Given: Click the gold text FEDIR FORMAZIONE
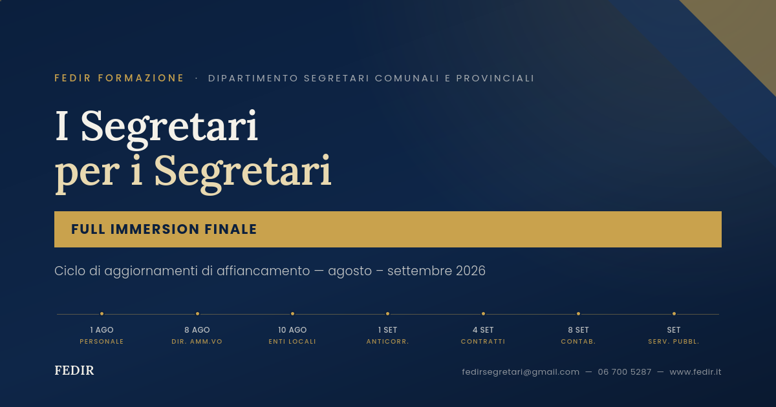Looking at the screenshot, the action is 119,78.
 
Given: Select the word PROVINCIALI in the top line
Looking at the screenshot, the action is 495,78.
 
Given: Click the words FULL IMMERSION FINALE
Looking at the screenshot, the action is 164,229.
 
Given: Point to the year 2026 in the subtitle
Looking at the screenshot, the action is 471,271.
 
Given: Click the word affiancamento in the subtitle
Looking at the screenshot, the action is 263,271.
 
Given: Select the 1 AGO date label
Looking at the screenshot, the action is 102,330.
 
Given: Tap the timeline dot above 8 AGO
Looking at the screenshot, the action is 197,313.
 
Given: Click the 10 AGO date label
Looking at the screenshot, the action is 292,330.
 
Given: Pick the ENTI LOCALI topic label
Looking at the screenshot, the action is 292,342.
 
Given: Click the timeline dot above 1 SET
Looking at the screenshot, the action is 387,313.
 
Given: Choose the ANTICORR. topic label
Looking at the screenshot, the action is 387,342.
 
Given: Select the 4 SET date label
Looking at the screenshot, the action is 483,330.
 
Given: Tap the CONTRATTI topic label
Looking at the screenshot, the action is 483,342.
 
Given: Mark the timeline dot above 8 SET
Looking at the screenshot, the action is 578,313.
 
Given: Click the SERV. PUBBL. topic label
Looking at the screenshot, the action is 674,342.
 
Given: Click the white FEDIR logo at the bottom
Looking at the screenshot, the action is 74,371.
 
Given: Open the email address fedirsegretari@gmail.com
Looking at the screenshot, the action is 521,372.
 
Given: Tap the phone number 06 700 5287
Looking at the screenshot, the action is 624,372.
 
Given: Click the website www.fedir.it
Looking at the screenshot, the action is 695,372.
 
